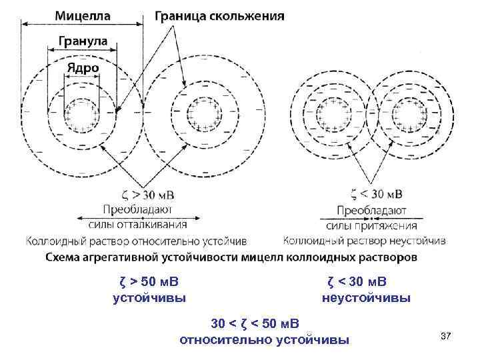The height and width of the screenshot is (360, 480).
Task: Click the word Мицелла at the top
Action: tap(83, 14)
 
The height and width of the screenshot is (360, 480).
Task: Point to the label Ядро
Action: tap(83, 67)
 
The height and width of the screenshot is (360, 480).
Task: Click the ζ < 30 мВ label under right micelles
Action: tap(376, 195)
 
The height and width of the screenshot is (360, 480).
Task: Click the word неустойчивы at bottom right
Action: tap(366, 297)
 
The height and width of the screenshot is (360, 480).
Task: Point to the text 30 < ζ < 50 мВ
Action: tap(255, 325)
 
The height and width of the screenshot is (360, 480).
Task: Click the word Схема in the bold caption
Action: tap(64, 255)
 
